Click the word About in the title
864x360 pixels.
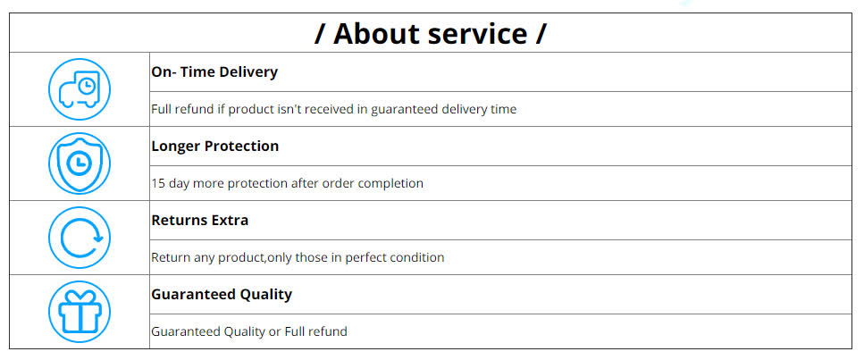pyautogui.click(x=374, y=34)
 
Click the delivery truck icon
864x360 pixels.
pyautogui.click(x=80, y=89)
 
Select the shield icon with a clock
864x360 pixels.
pyautogui.click(x=80, y=163)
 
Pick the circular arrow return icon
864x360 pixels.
pyautogui.click(x=80, y=238)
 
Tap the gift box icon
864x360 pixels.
pyautogui.click(x=80, y=312)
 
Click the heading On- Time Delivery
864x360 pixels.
pyautogui.click(x=214, y=71)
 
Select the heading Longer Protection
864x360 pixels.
pyautogui.click(x=215, y=147)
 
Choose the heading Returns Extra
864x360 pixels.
pyautogui.click(x=200, y=220)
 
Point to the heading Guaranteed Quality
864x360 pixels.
pyautogui.click(x=222, y=295)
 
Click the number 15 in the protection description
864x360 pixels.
pyautogui.click(x=158, y=183)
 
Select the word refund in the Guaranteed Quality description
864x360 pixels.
pyautogui.click(x=329, y=332)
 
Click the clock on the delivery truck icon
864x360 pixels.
pyautogui.click(x=86, y=86)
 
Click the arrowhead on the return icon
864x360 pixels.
pyautogui.click(x=98, y=239)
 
